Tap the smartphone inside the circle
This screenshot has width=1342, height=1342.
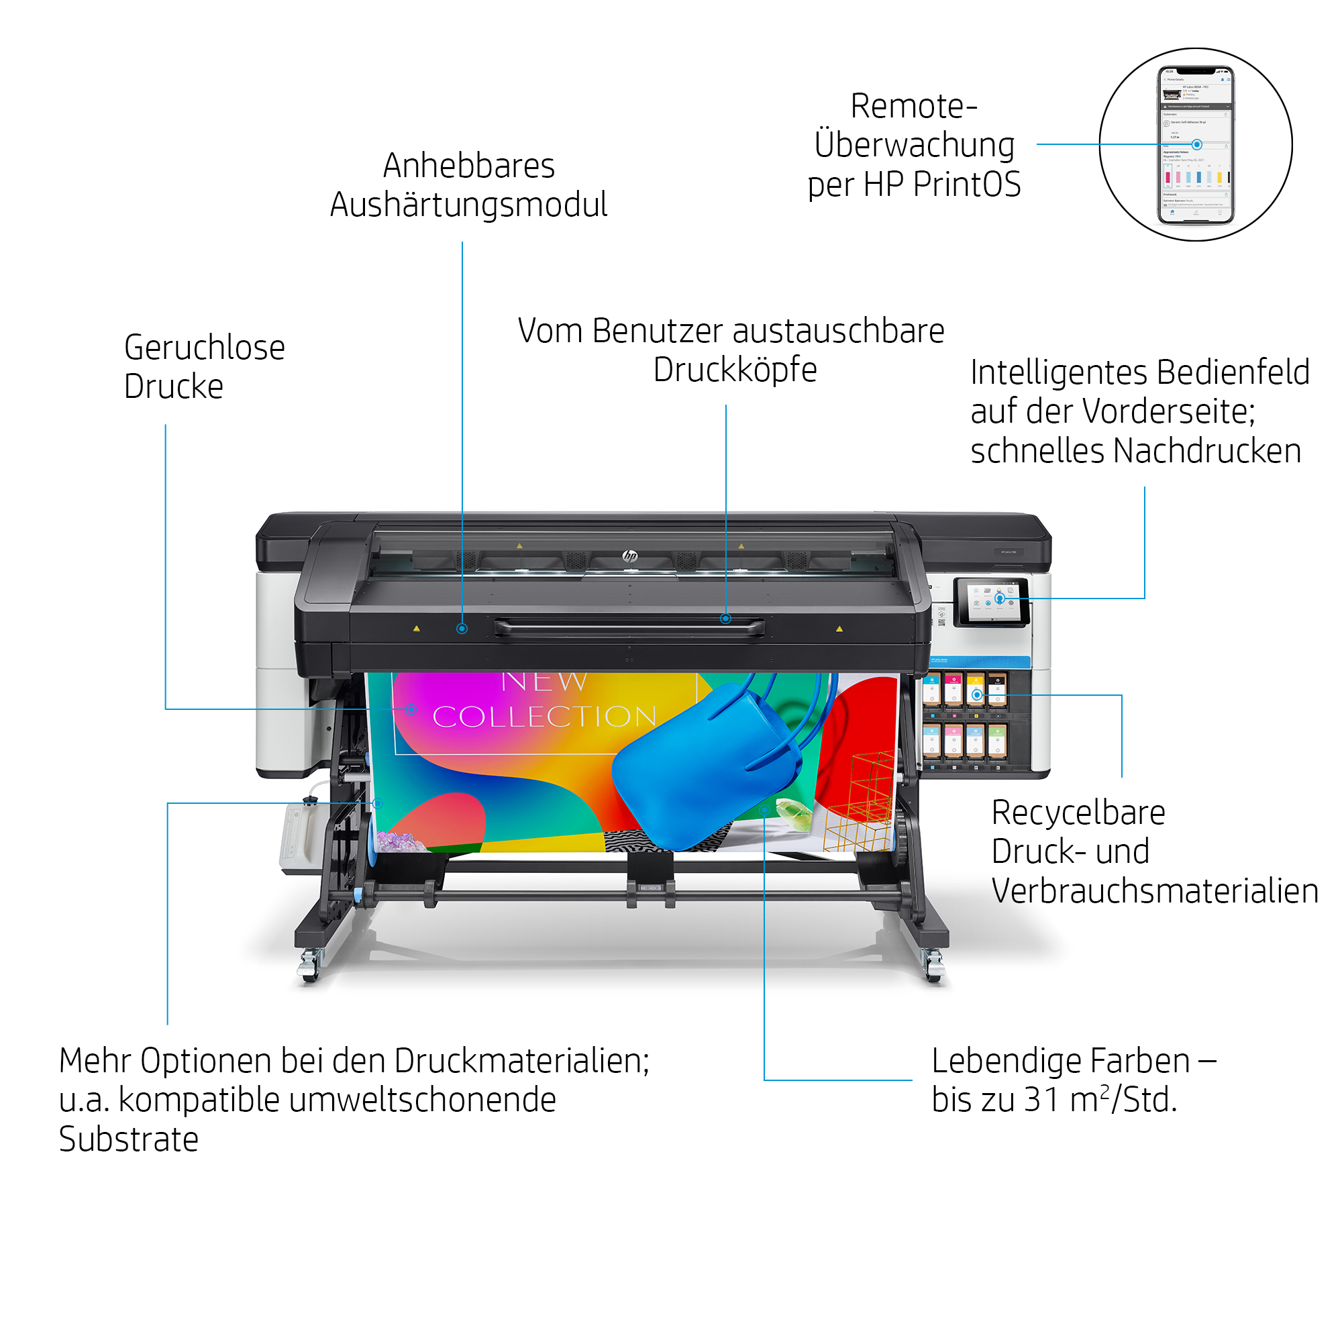click(x=1195, y=144)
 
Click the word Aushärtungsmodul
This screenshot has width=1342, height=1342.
click(x=468, y=205)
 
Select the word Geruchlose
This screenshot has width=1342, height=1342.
click(x=204, y=348)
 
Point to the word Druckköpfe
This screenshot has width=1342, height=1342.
click(x=734, y=370)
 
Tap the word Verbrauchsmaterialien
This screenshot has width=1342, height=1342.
click(x=1153, y=891)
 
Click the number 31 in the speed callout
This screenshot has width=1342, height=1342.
click(x=1043, y=1100)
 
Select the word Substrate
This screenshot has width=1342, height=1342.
click(x=129, y=1139)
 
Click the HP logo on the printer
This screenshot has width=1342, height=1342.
click(x=629, y=556)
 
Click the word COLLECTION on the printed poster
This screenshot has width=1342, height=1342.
click(x=544, y=717)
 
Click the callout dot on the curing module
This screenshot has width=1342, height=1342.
click(x=462, y=629)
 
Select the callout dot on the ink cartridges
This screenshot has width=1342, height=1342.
click(x=976, y=694)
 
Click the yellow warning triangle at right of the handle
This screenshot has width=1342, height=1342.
click(x=839, y=629)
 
